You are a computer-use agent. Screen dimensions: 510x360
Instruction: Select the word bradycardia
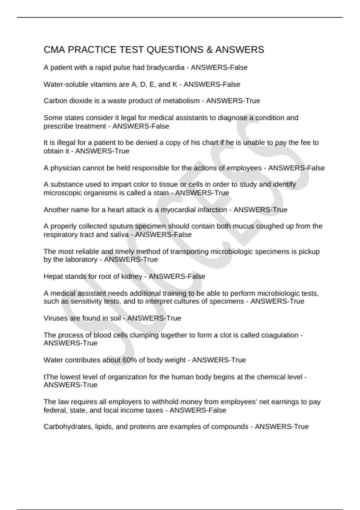(165, 67)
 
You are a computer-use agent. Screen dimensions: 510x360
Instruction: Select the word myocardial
(178, 209)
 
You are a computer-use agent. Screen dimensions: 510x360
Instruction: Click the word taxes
(154, 410)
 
